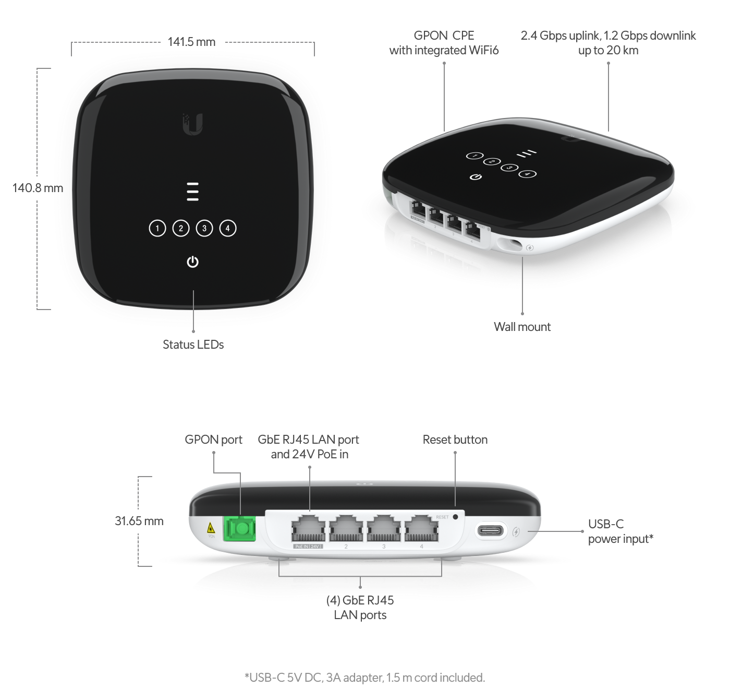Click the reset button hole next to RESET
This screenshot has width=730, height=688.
point(456,517)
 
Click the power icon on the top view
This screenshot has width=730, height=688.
point(192,262)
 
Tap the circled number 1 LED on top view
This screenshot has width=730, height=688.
point(157,228)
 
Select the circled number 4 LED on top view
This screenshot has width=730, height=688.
point(228,228)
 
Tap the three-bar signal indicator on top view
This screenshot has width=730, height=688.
point(192,192)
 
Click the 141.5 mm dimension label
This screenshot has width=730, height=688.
point(191,42)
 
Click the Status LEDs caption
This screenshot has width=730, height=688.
point(193,345)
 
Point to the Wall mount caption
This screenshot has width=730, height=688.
point(522,327)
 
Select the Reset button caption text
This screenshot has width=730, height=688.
point(455,440)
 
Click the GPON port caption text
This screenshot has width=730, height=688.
point(214,440)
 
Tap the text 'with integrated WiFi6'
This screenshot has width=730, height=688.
point(444,50)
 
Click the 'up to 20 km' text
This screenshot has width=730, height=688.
point(608,50)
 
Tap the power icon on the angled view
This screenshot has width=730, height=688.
point(475,178)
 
